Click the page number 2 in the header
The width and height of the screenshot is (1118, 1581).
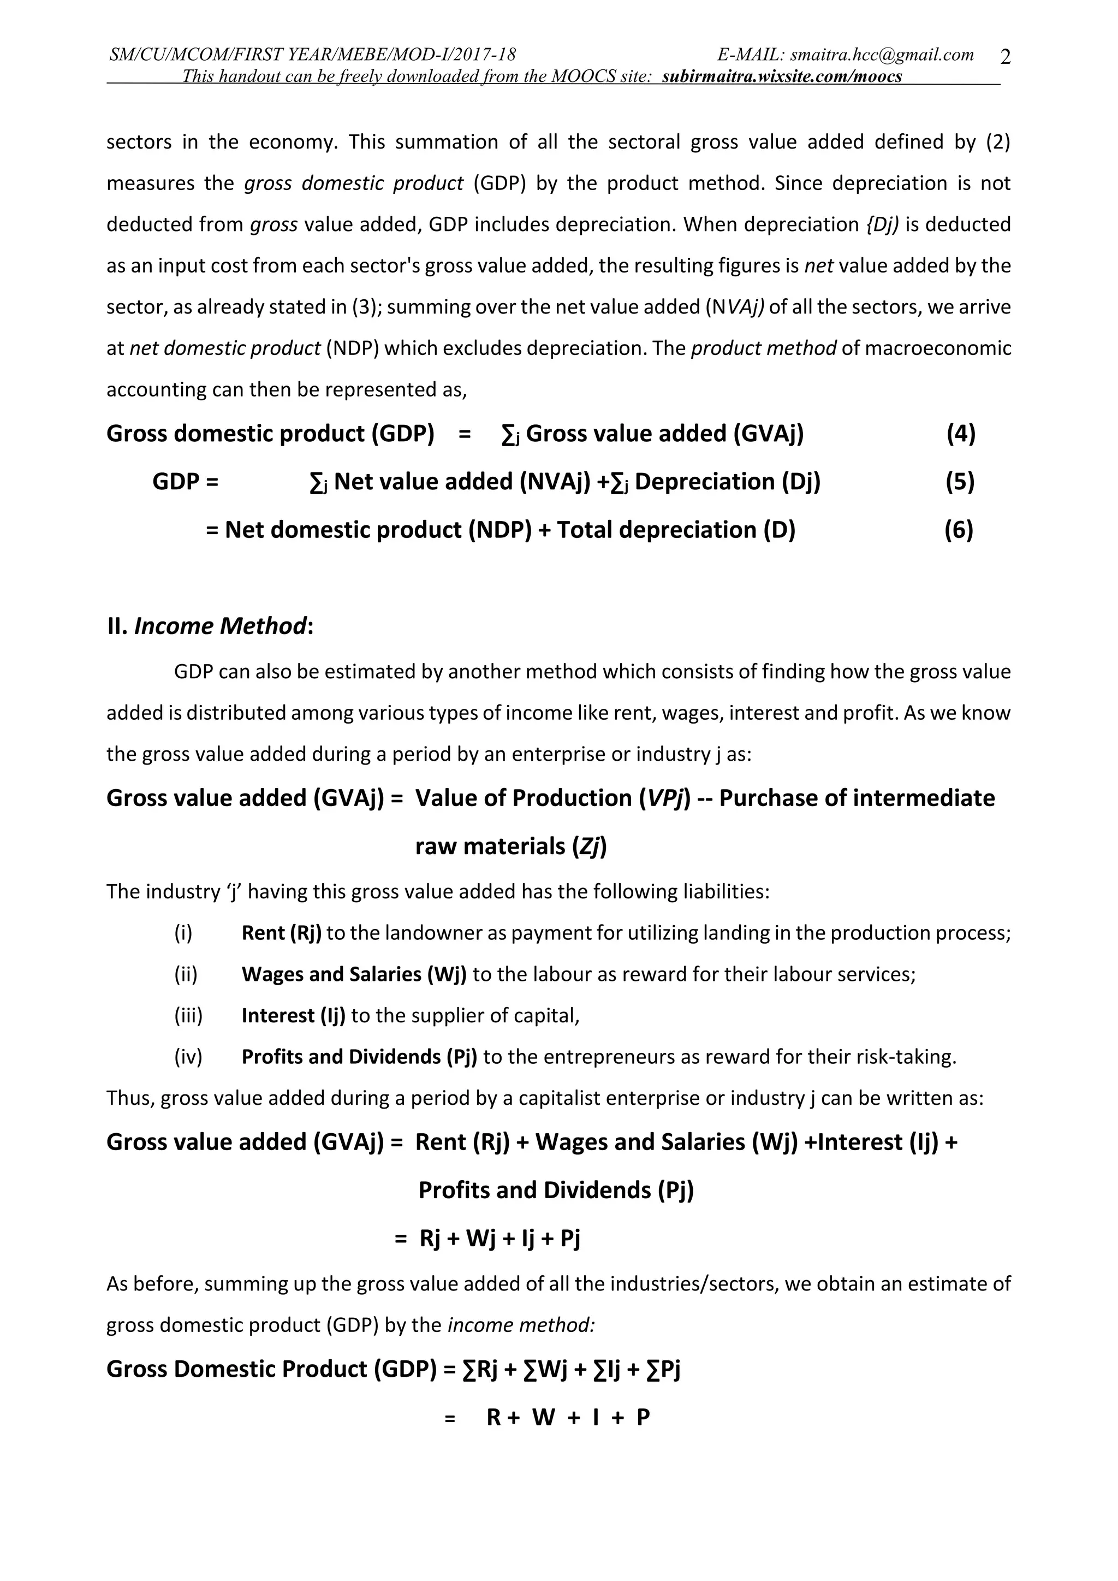coord(1005,58)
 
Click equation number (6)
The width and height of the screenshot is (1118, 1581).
coord(958,530)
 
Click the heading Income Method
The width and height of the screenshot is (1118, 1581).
coord(219,626)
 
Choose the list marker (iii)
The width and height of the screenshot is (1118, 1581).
coord(188,1016)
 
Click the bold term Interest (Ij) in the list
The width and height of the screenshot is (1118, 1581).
coord(293,1016)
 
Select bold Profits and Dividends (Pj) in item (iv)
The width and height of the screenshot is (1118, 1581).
coord(359,1057)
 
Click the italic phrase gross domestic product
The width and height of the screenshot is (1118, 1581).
coord(354,183)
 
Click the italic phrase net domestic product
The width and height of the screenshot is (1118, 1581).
coord(225,348)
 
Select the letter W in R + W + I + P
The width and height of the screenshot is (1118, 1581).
coord(543,1418)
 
